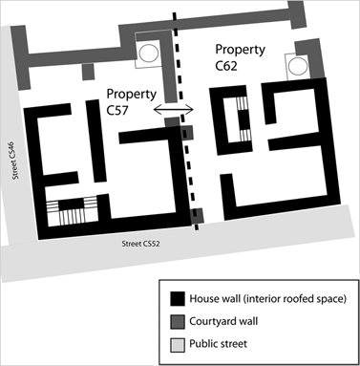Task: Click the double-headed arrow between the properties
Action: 173,111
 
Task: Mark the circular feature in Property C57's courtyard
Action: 150,53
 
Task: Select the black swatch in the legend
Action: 177,298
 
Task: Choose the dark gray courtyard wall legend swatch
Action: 177,321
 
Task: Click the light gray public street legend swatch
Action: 177,344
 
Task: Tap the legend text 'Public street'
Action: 226,344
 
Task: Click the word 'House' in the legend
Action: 208,298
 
